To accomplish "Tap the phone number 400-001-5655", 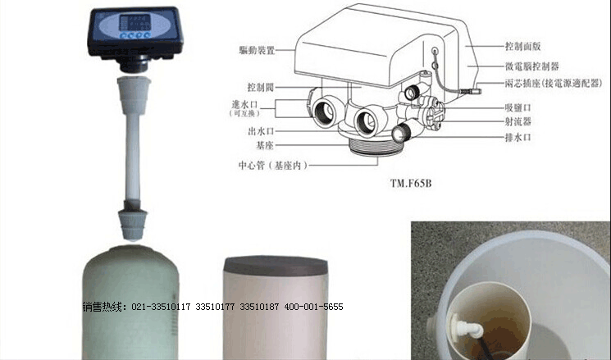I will (313, 307).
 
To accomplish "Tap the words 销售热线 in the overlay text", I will (102, 307).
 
